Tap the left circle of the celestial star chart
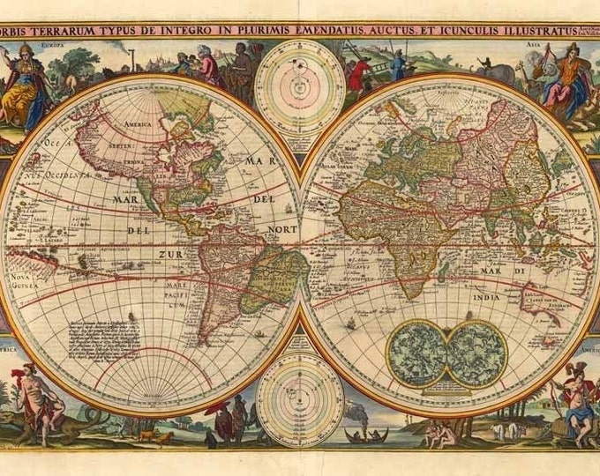point(417,353)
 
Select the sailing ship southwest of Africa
point(351,324)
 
